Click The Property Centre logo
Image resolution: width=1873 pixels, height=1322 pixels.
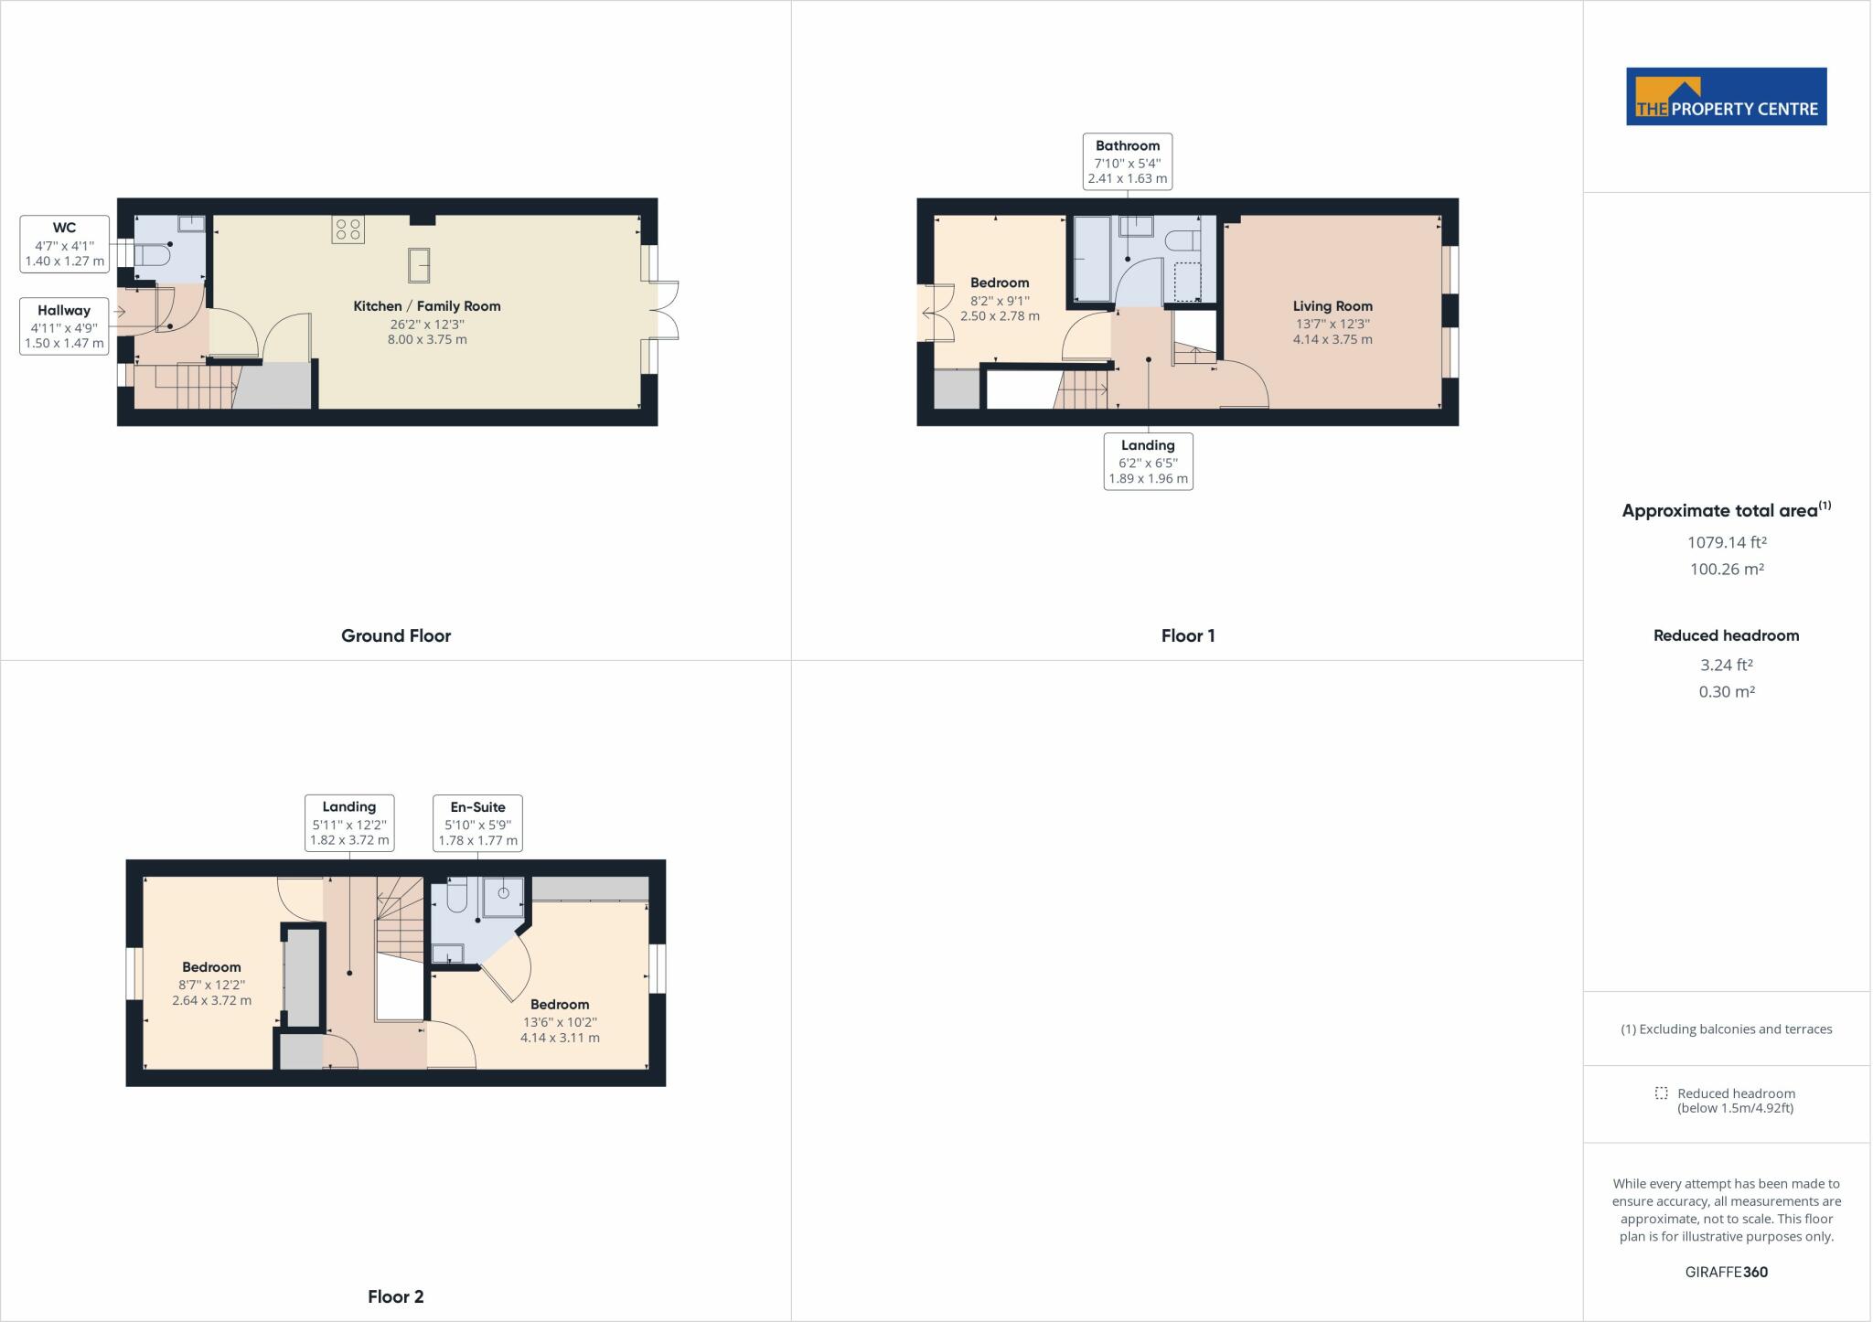pyautogui.click(x=1726, y=96)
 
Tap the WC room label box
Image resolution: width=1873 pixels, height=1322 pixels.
pyautogui.click(x=64, y=244)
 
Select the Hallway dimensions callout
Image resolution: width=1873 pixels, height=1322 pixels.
pyautogui.click(x=64, y=326)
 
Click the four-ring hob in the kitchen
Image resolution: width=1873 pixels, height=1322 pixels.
pyautogui.click(x=348, y=229)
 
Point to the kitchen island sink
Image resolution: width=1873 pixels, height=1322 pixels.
pyautogui.click(x=419, y=266)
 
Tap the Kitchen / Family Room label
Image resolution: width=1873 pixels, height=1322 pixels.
pyautogui.click(x=427, y=306)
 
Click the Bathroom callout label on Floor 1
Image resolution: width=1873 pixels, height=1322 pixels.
pyautogui.click(x=1128, y=162)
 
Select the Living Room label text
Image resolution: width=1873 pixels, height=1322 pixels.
pyautogui.click(x=1333, y=306)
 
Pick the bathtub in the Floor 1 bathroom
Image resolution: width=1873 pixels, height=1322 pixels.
pyautogui.click(x=1091, y=258)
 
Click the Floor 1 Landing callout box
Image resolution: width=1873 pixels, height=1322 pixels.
pyautogui.click(x=1148, y=462)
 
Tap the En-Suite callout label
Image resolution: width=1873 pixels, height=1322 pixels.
pyautogui.click(x=477, y=824)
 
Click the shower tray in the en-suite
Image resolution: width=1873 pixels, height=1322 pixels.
pyautogui.click(x=503, y=897)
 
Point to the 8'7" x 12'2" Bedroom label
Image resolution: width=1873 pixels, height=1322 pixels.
pyautogui.click(x=211, y=983)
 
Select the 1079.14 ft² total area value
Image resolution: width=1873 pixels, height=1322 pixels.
pyautogui.click(x=1727, y=542)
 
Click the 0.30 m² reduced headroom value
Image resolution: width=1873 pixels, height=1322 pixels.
pyautogui.click(x=1727, y=692)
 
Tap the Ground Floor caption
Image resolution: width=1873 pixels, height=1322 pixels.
pyautogui.click(x=396, y=635)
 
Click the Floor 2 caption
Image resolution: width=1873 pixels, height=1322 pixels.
pyautogui.click(x=396, y=1296)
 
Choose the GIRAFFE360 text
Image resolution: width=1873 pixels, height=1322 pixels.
pyautogui.click(x=1727, y=1272)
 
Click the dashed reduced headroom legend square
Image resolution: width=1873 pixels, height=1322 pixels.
pyautogui.click(x=1661, y=1093)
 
